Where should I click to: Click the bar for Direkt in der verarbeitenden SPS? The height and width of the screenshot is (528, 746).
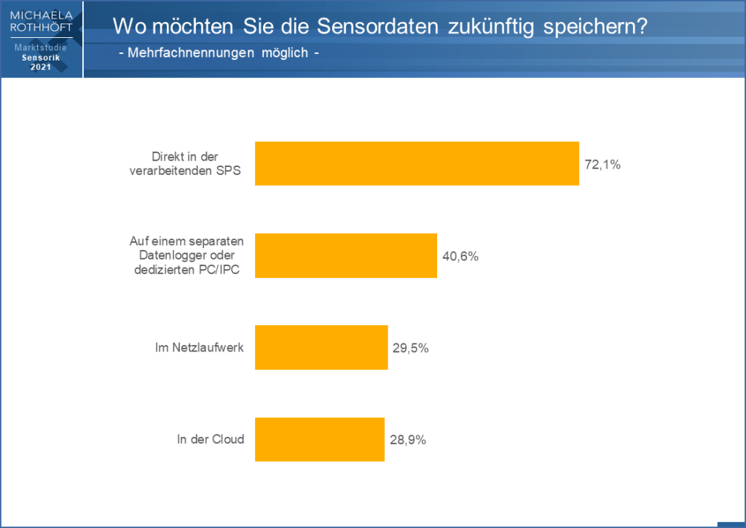coord(417,163)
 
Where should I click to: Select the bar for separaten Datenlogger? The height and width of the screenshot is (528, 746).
coord(345,255)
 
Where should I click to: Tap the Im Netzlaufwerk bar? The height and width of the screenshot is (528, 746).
coord(321,347)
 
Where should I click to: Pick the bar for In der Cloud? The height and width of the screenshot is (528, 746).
coord(319,439)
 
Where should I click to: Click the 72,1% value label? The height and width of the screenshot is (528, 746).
coord(602,165)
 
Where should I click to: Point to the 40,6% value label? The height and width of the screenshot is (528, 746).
coord(460,257)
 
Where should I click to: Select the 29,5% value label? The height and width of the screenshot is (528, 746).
coord(410,348)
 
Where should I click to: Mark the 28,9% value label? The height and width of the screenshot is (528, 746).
coord(407,440)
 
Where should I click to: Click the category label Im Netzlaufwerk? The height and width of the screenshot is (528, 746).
coord(200,347)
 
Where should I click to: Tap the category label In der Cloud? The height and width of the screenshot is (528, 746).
coord(210,439)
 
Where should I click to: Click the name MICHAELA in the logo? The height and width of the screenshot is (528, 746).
coord(42,15)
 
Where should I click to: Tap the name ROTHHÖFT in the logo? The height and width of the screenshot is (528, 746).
coord(42,27)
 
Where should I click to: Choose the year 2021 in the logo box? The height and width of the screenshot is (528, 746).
coord(42,67)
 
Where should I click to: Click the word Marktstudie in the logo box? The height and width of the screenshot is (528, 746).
coord(42,47)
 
